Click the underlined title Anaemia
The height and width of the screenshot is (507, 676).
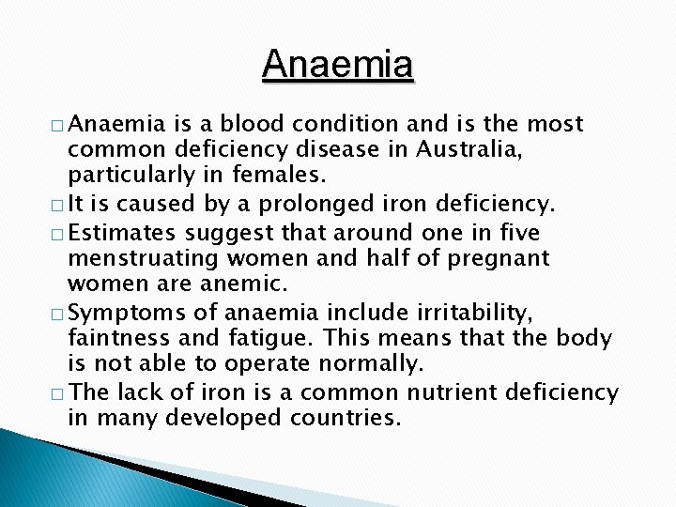[x=338, y=65]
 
